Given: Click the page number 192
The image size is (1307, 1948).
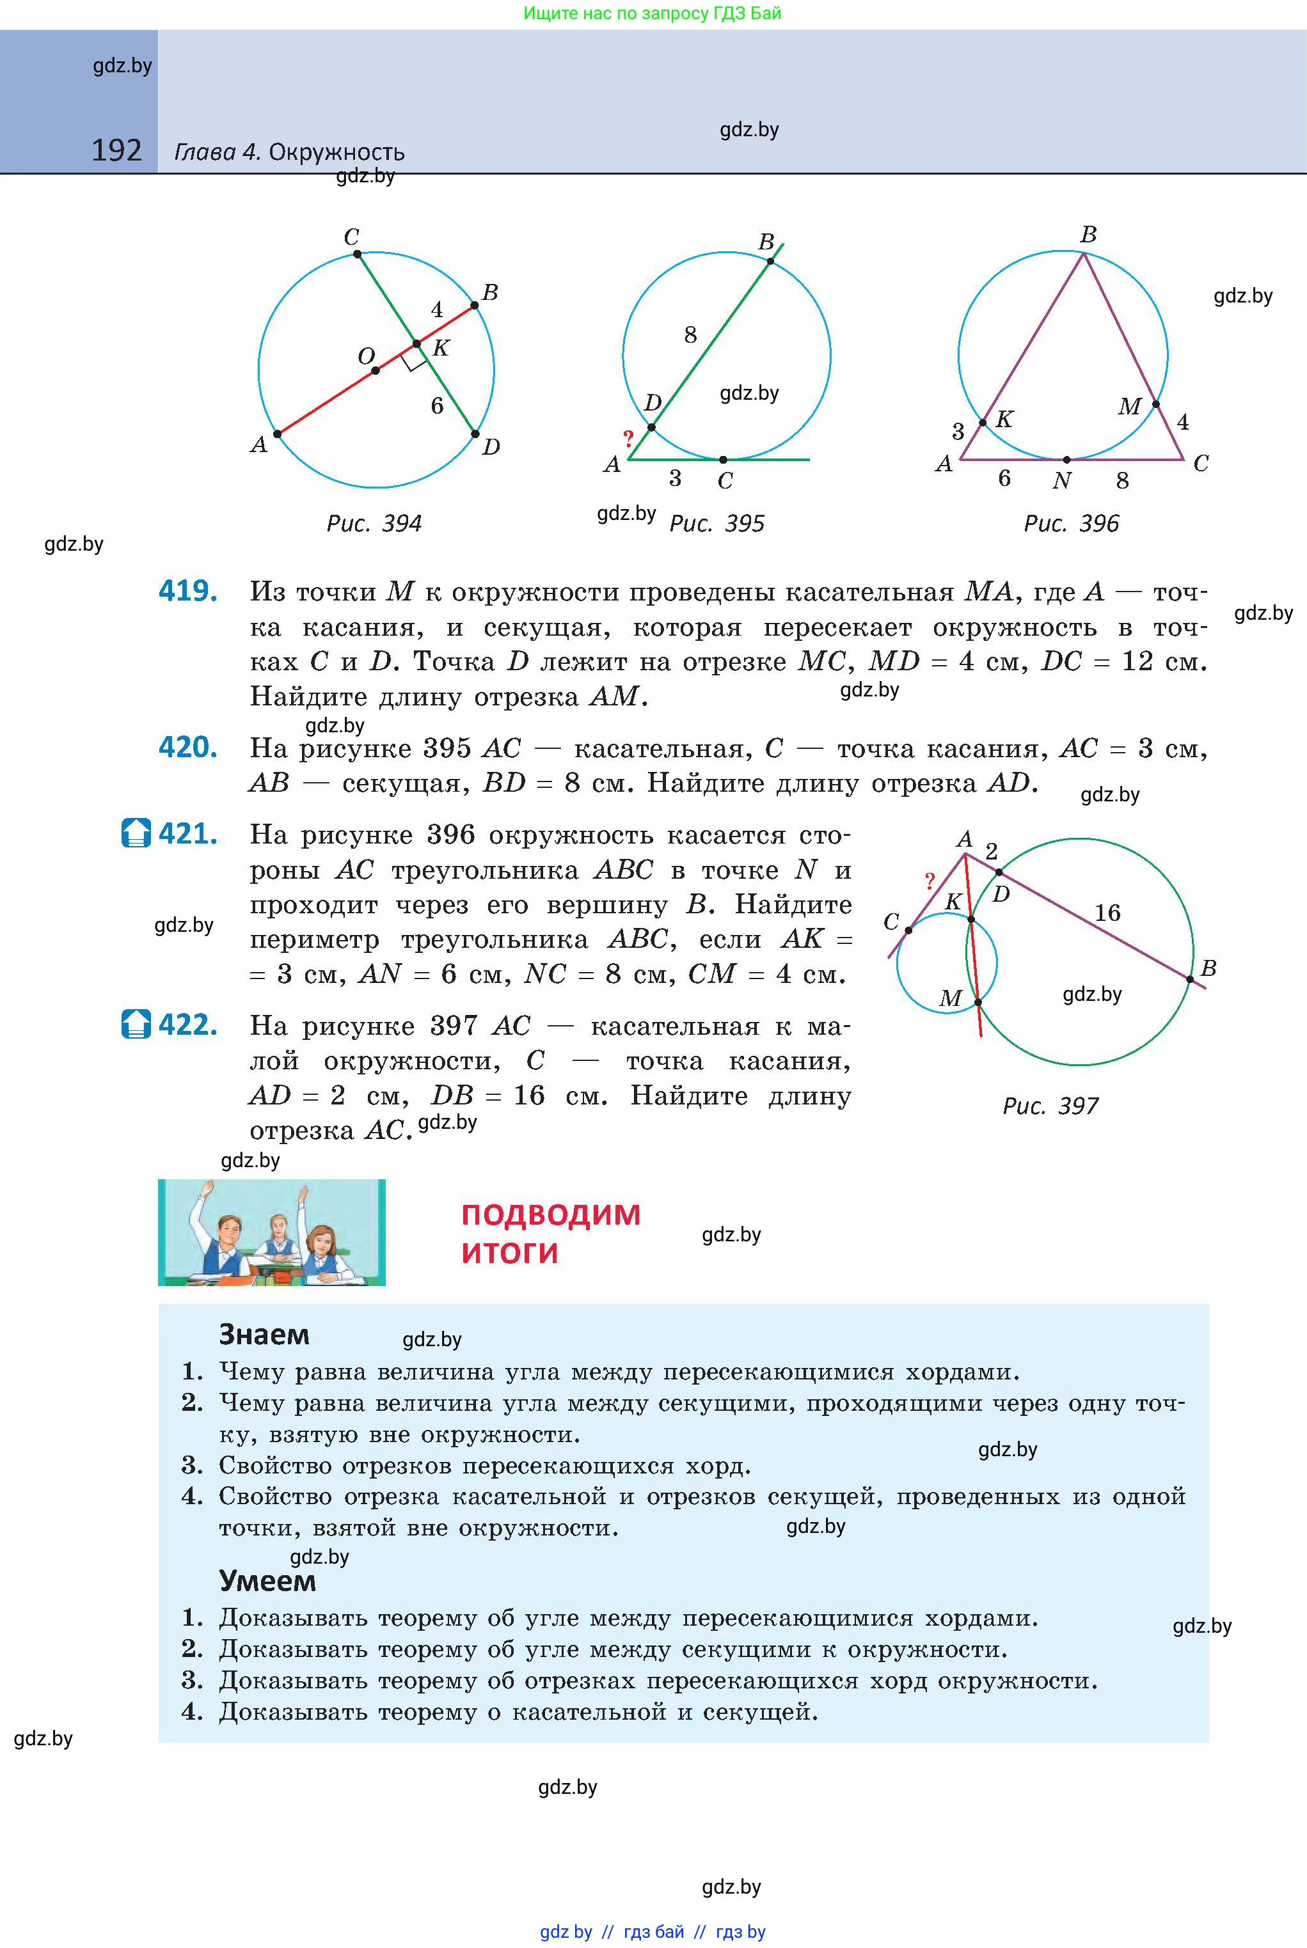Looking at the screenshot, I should click(x=116, y=151).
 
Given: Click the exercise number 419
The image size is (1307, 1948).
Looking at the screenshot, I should click(x=188, y=592).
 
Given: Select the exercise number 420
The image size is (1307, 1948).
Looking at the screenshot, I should click(x=188, y=748).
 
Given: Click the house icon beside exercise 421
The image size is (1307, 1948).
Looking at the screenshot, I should click(x=136, y=833).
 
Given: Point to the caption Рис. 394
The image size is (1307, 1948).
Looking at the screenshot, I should click(x=374, y=523).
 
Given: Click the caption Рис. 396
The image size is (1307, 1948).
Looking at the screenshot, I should click(x=1071, y=523).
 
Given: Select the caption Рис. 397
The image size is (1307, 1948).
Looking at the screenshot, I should click(x=1050, y=1106).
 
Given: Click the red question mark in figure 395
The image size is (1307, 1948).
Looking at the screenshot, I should click(x=628, y=437).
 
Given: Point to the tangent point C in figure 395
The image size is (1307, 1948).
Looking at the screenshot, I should click(x=723, y=460).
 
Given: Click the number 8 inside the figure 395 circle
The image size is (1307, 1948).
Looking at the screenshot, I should click(x=690, y=335).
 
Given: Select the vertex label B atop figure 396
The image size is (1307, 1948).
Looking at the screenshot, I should click(x=1088, y=235).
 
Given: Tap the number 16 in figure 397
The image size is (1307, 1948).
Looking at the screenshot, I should click(x=1107, y=913).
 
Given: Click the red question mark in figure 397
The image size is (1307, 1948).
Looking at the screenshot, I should click(x=930, y=881).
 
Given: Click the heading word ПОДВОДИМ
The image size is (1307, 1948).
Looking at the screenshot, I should click(x=551, y=1215).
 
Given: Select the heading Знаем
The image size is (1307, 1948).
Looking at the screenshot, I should click(x=264, y=1335).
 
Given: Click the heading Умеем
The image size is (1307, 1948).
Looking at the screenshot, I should click(x=267, y=1580).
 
